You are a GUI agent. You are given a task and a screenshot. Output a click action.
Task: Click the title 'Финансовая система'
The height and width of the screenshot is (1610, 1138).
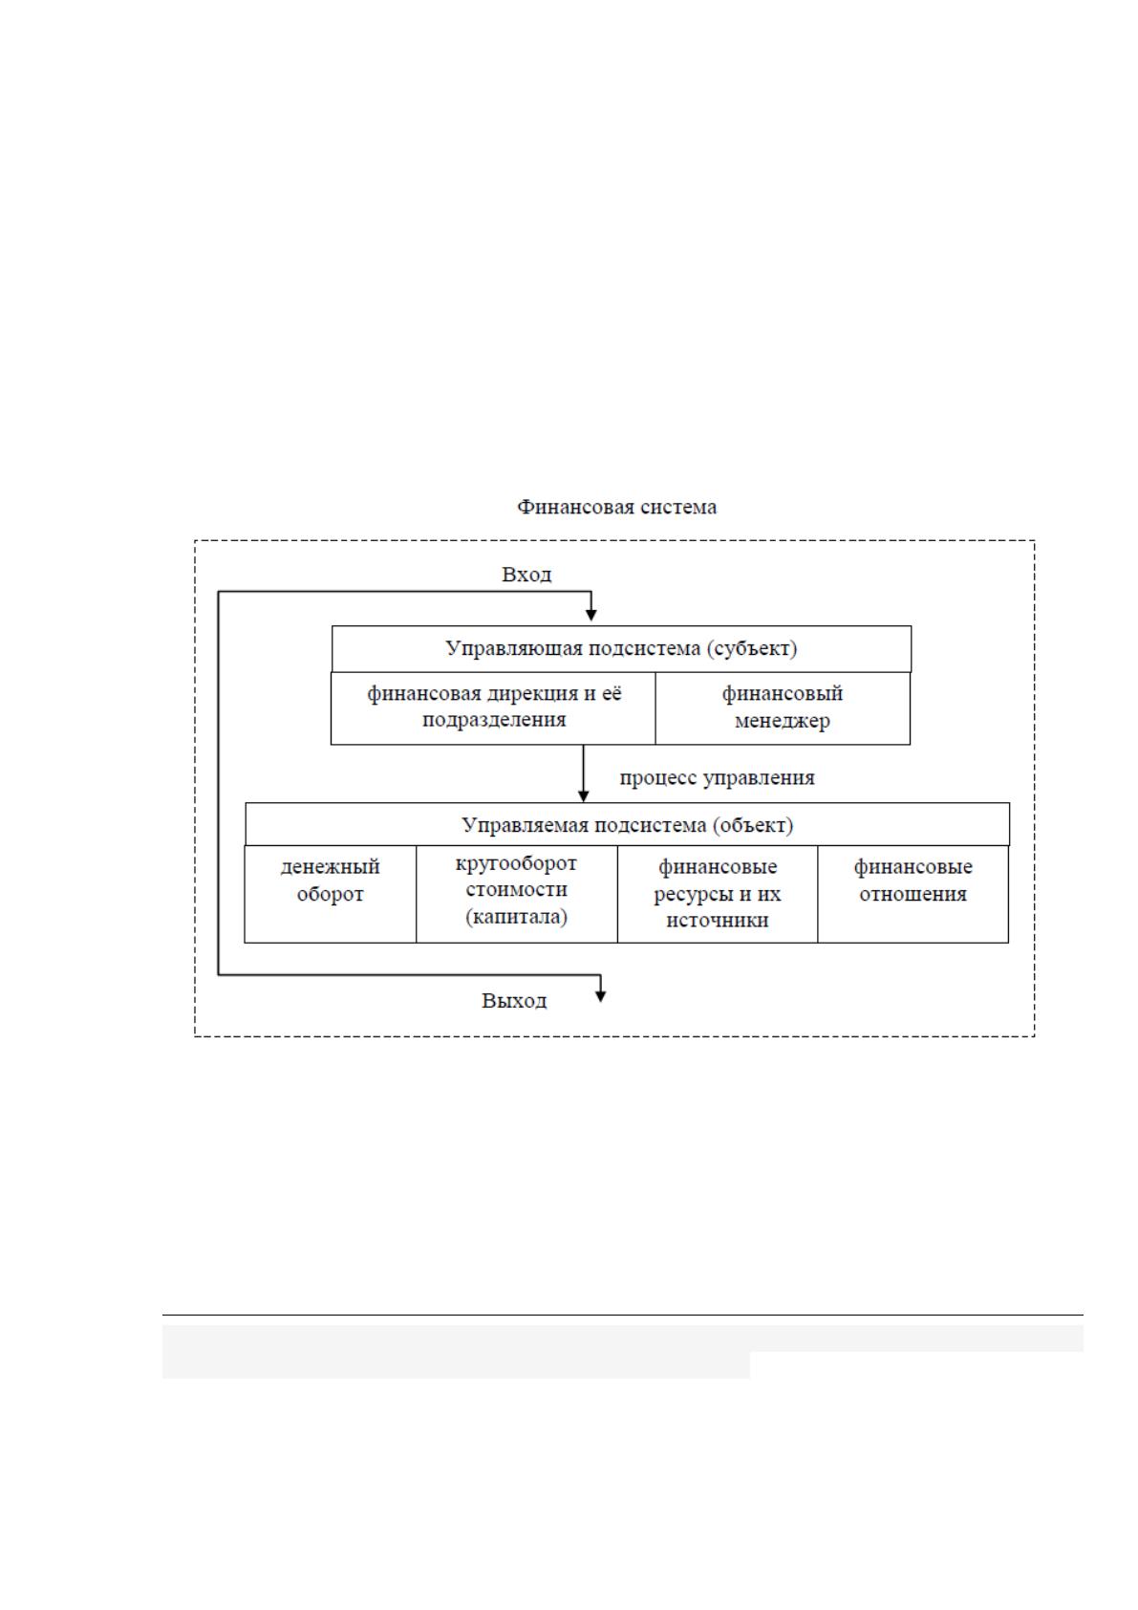pos(616,508)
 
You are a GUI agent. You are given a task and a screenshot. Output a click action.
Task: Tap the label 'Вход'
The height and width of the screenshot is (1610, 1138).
pos(526,575)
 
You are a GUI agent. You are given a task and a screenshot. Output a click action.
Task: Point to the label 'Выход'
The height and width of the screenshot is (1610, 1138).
pos(514,1000)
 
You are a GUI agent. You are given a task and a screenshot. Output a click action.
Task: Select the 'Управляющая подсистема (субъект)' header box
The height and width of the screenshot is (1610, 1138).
pos(621,649)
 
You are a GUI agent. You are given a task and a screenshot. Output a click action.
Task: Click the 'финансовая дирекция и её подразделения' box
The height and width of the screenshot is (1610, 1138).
pos(494,708)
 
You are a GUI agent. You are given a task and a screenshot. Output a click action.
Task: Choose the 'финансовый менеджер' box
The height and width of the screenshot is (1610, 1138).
pos(784,708)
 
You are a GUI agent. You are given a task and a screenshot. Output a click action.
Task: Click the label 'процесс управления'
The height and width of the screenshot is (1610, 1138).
pos(717,778)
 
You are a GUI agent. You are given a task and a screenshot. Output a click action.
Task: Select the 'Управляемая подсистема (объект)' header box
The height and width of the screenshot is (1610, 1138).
pos(627,824)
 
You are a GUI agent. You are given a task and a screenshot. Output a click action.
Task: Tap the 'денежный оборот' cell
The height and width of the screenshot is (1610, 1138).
pos(331,894)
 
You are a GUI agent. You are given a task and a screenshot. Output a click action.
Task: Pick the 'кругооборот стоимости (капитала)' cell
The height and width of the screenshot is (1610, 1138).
pos(517,894)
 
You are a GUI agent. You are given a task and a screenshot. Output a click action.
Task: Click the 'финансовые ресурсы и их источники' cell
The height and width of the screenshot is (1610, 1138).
pos(718,894)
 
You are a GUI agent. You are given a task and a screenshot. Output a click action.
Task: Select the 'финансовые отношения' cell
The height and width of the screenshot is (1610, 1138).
pos(913,894)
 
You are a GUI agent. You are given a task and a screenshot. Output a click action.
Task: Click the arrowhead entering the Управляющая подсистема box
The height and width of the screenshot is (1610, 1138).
pos(591,615)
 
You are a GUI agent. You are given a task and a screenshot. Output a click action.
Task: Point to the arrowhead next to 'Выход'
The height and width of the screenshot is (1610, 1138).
pos(601,996)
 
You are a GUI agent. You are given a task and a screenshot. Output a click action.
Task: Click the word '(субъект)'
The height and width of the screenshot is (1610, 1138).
pos(752,649)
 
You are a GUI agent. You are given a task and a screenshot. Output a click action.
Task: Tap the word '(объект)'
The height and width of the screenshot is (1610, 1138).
pos(753,825)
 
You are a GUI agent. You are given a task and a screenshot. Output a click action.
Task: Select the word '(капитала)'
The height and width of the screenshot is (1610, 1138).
pos(517,918)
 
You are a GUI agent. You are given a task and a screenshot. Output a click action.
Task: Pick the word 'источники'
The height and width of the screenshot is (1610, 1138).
pos(717,921)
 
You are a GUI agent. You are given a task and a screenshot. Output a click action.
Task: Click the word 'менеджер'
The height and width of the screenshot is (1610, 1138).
pos(783,721)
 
